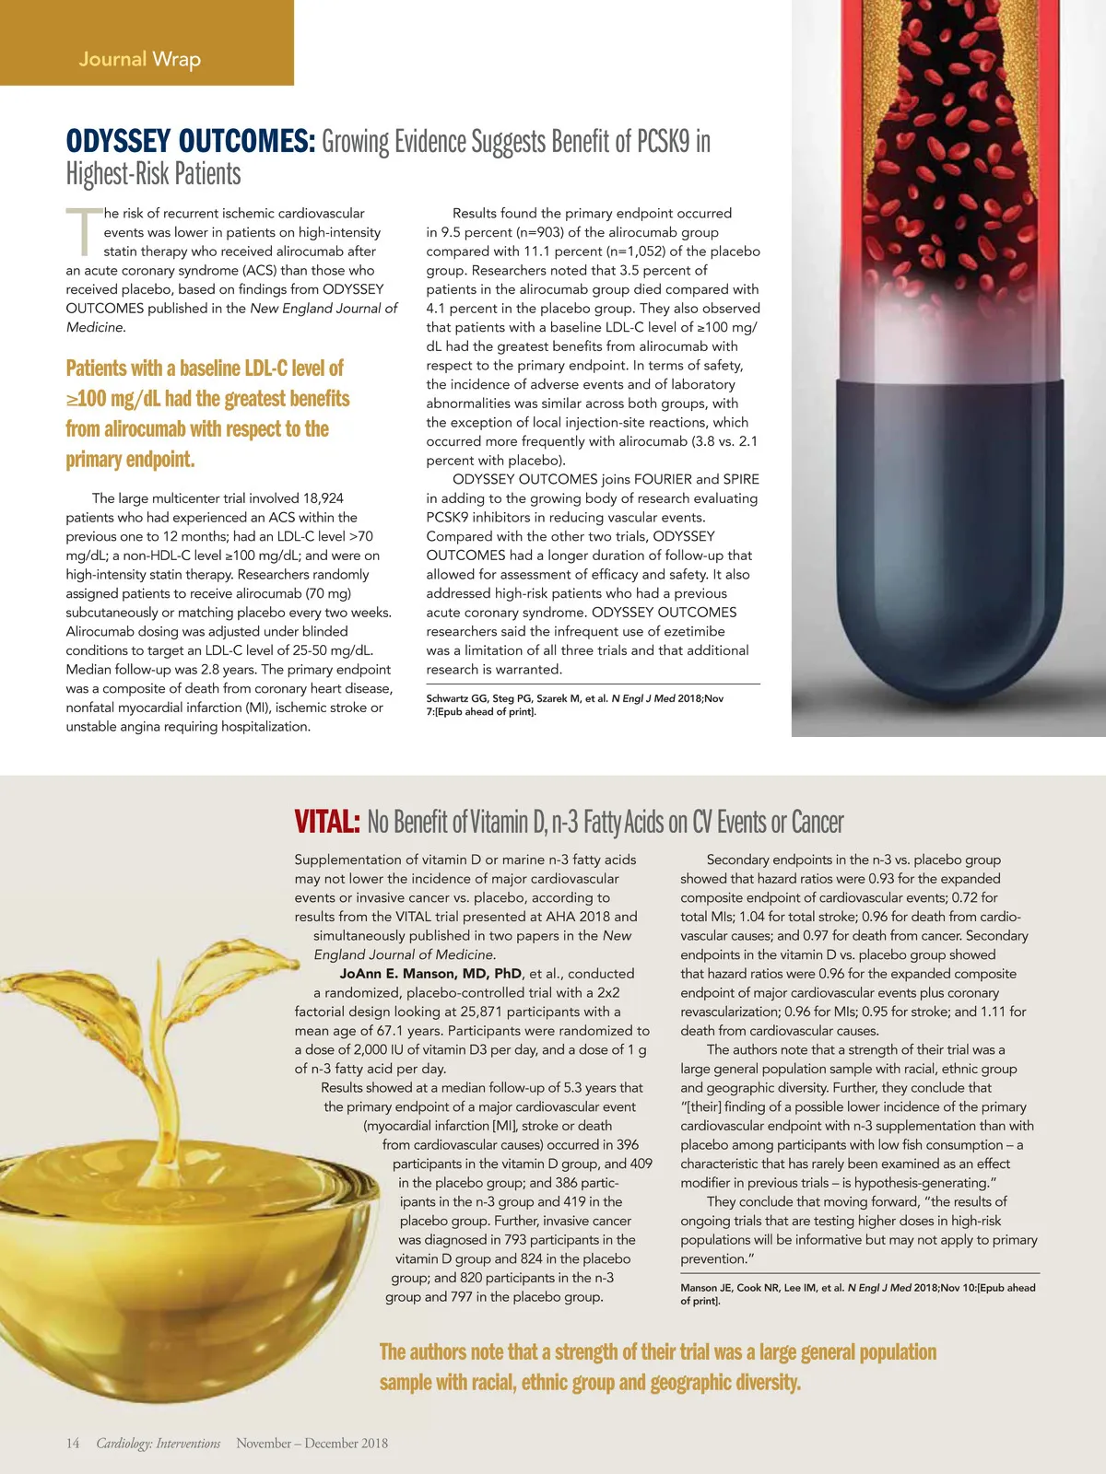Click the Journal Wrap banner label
(x=140, y=60)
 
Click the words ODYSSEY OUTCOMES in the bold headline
(x=191, y=142)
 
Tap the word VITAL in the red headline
(x=326, y=822)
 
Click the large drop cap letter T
(x=83, y=232)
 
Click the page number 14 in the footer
(x=73, y=1444)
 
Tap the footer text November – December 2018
(x=312, y=1444)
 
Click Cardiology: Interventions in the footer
(x=159, y=1444)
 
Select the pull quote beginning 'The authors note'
(x=657, y=1367)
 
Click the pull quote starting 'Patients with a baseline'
(x=207, y=414)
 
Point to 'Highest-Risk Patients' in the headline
(x=153, y=174)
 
